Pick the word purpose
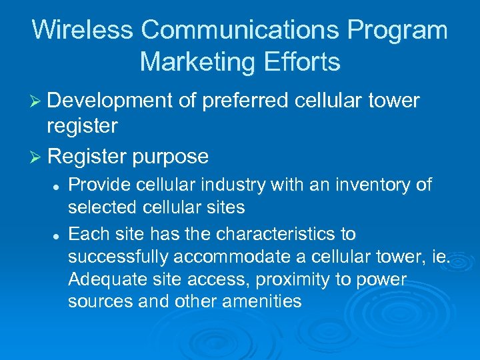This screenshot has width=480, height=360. (x=171, y=157)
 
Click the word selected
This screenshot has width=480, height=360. (x=105, y=207)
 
